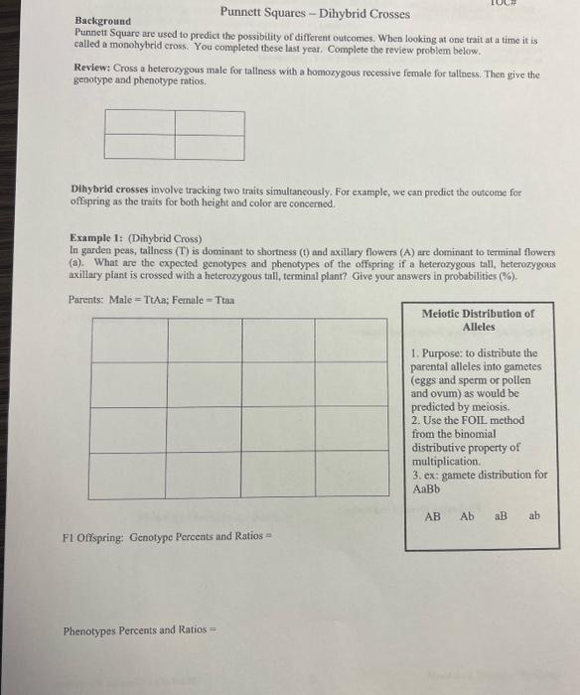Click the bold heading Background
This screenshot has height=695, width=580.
click(x=104, y=21)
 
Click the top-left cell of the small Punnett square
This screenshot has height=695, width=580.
click(x=139, y=122)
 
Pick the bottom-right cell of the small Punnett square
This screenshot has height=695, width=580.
click(x=210, y=146)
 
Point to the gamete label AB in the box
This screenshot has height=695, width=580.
click(x=433, y=516)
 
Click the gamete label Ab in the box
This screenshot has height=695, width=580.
click(x=467, y=516)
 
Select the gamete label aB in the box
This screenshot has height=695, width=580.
click(x=502, y=516)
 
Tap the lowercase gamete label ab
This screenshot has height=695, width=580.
click(x=535, y=516)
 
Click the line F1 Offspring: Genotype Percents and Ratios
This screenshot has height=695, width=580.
click(x=167, y=537)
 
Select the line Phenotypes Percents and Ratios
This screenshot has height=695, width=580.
click(x=133, y=629)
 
